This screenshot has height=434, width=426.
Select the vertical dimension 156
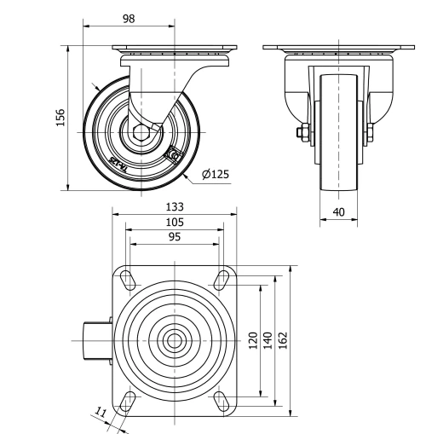(60, 117)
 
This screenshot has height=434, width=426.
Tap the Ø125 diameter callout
(216, 174)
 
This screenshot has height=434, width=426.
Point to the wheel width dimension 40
(340, 212)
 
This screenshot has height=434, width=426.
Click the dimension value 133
(174, 206)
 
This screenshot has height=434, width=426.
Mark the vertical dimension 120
(252, 340)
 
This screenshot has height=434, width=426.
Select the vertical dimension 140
(268, 340)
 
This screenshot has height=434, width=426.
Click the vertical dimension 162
(284, 340)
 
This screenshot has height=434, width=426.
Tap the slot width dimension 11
(101, 414)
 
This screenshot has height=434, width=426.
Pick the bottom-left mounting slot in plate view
(128, 401)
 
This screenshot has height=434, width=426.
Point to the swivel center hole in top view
(174, 340)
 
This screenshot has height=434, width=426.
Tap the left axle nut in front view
(301, 132)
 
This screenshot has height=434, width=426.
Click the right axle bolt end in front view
(371, 131)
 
